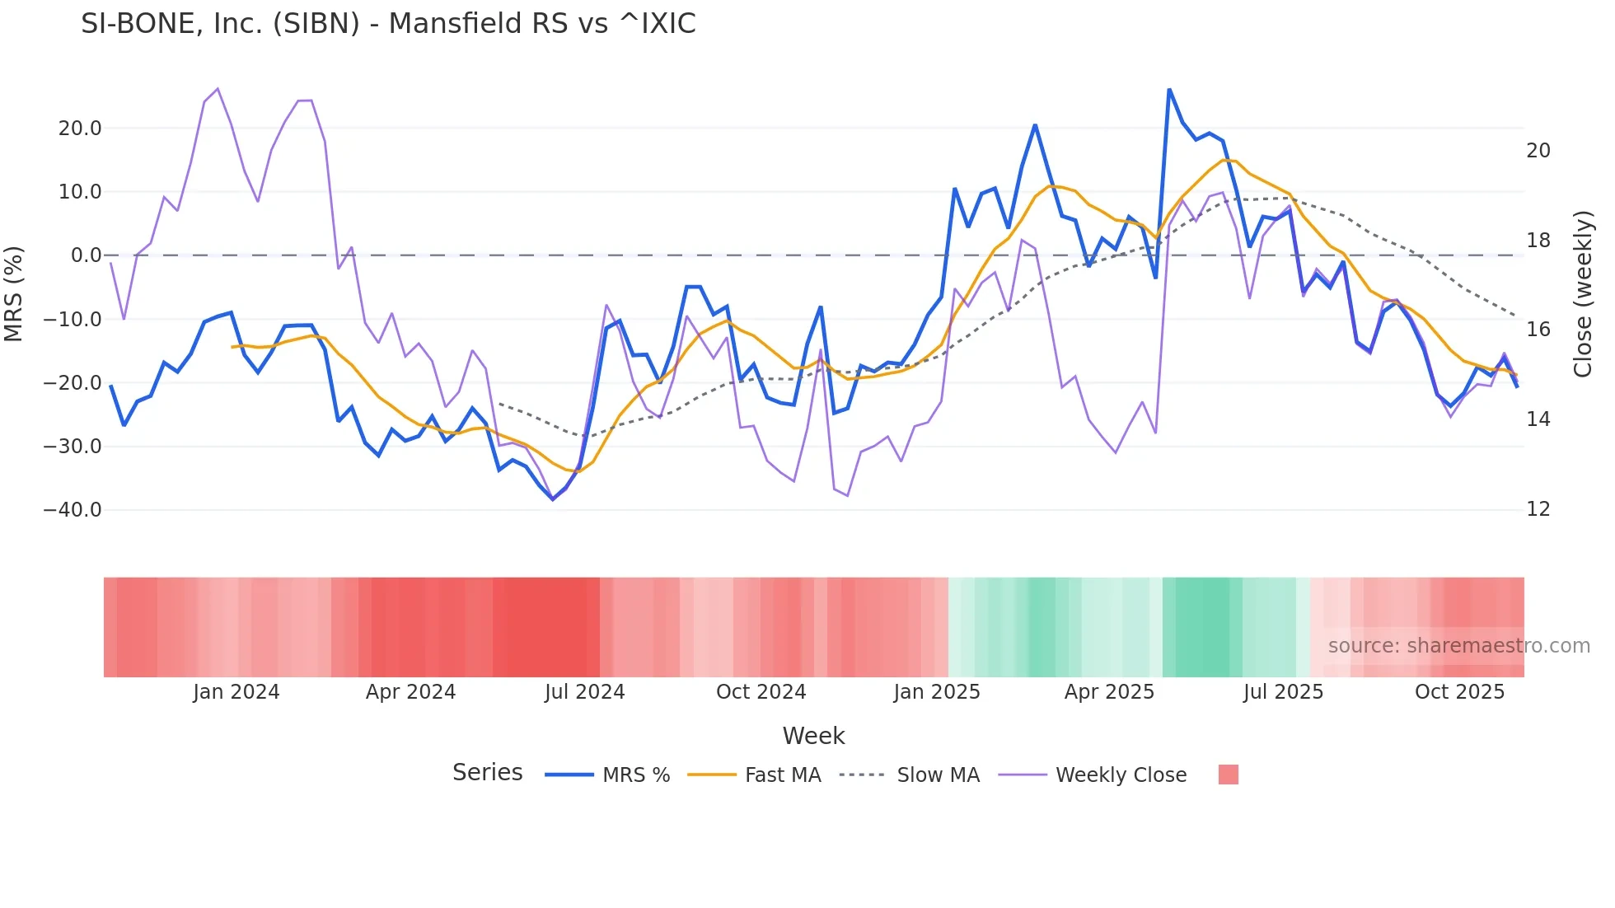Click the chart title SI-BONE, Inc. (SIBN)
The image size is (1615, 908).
[388, 24]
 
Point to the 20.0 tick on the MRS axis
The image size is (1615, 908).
[80, 129]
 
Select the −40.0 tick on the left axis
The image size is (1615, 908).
[73, 510]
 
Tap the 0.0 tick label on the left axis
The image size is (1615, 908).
[86, 255]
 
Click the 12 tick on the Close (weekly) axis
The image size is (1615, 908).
[1538, 509]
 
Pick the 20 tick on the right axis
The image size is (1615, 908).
[1538, 151]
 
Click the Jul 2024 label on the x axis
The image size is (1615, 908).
[584, 692]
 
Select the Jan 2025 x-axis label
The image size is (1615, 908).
[936, 692]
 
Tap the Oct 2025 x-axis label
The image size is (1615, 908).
[1459, 692]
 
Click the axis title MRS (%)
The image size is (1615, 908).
[14, 293]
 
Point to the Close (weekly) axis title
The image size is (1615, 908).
[1583, 294]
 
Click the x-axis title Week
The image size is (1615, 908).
[813, 736]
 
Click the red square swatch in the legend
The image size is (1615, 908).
[1228, 775]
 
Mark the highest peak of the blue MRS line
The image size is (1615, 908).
[1169, 89]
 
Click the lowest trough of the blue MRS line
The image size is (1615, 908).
[553, 499]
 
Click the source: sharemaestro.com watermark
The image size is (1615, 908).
[1458, 646]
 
